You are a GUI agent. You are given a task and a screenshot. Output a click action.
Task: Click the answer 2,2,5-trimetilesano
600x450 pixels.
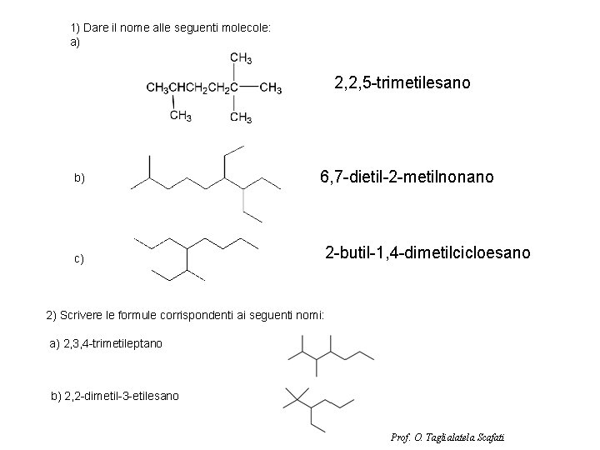coord(402,83)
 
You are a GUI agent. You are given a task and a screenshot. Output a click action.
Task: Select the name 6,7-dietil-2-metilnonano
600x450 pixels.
coord(407,177)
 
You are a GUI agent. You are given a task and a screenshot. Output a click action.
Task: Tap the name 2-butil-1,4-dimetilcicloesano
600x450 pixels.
coord(427,252)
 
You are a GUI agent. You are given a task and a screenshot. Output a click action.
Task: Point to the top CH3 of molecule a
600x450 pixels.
coord(241,58)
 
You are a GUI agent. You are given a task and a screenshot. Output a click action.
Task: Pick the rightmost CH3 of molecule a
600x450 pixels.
coord(271,87)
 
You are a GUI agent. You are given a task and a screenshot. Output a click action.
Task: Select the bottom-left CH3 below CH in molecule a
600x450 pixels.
coord(180,116)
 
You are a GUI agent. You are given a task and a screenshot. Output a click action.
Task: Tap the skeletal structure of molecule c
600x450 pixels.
coord(197,256)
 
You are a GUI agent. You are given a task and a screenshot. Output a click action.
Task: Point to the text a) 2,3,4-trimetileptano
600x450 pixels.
coord(106,342)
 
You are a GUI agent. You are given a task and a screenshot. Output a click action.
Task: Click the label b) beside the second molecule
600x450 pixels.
coord(79,178)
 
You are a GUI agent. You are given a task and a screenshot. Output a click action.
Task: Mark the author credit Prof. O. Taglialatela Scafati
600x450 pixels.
coord(447,437)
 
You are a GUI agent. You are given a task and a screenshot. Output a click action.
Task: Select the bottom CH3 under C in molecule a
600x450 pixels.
coord(241,117)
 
